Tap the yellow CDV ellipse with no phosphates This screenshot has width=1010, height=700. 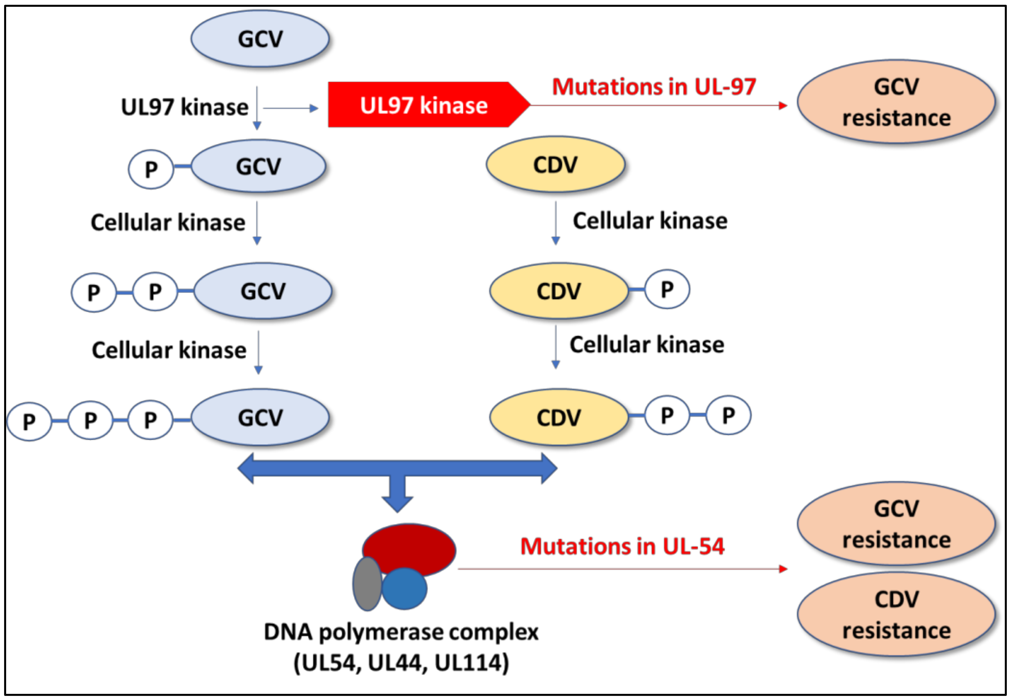[555, 164]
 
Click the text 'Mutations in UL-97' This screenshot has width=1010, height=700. [654, 87]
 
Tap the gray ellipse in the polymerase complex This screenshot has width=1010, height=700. [367, 584]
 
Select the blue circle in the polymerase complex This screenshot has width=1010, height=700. [404, 588]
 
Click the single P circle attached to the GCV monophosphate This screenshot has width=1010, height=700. [151, 169]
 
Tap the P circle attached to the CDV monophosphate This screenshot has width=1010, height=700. [667, 289]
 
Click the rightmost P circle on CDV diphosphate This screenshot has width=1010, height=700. [728, 415]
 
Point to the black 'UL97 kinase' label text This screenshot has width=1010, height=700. [185, 107]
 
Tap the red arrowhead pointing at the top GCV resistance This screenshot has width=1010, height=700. [782, 105]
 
